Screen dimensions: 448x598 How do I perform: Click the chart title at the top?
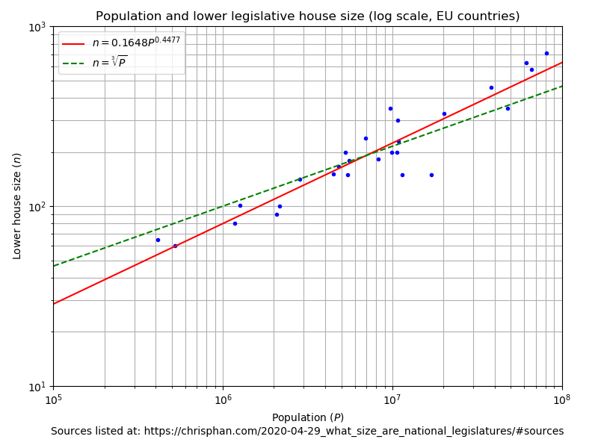point(307,16)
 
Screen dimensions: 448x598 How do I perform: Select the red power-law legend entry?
point(120,43)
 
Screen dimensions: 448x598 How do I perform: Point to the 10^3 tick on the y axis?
point(37,27)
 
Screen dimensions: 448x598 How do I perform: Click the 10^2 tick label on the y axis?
point(37,207)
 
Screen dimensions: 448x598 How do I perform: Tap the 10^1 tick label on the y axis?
point(37,387)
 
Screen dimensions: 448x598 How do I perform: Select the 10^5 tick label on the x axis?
point(53,400)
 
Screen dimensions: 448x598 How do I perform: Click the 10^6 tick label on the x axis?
point(223,400)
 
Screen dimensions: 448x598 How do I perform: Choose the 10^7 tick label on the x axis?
point(392,400)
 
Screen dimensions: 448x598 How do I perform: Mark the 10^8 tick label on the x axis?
point(562,400)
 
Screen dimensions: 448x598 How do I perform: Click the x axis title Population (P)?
point(307,417)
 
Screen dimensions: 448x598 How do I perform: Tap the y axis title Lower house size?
point(17,206)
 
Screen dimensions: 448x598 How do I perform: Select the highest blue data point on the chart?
point(546,53)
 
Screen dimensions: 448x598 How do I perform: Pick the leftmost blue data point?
point(158,240)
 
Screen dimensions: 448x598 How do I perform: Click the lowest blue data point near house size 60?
point(175,246)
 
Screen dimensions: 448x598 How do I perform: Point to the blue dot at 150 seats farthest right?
point(431,175)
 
